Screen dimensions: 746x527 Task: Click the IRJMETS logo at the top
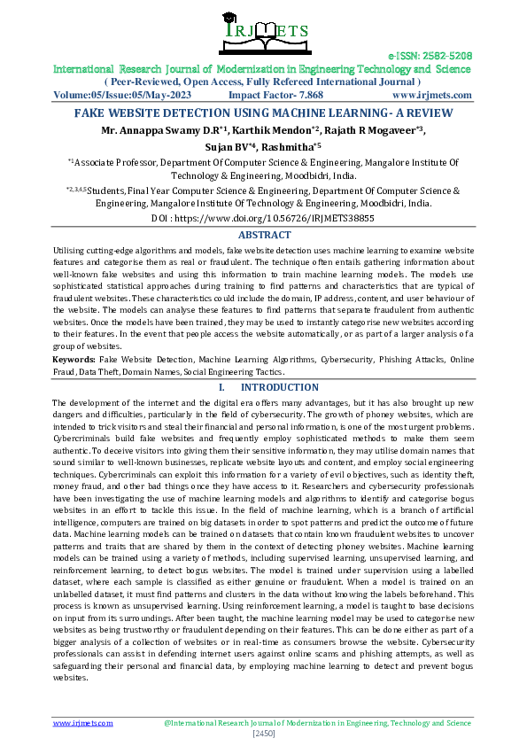coord(263,33)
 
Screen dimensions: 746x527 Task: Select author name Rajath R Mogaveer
coord(371,131)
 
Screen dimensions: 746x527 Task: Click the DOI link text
coord(263,217)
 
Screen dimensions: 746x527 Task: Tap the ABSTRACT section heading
coord(263,235)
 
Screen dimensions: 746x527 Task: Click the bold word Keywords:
coord(74,359)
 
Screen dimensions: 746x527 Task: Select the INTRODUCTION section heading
coord(279,388)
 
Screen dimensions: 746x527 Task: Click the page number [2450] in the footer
coord(264,734)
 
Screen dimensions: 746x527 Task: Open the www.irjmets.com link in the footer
coord(83,723)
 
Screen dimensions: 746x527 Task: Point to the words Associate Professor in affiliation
coord(115,163)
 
